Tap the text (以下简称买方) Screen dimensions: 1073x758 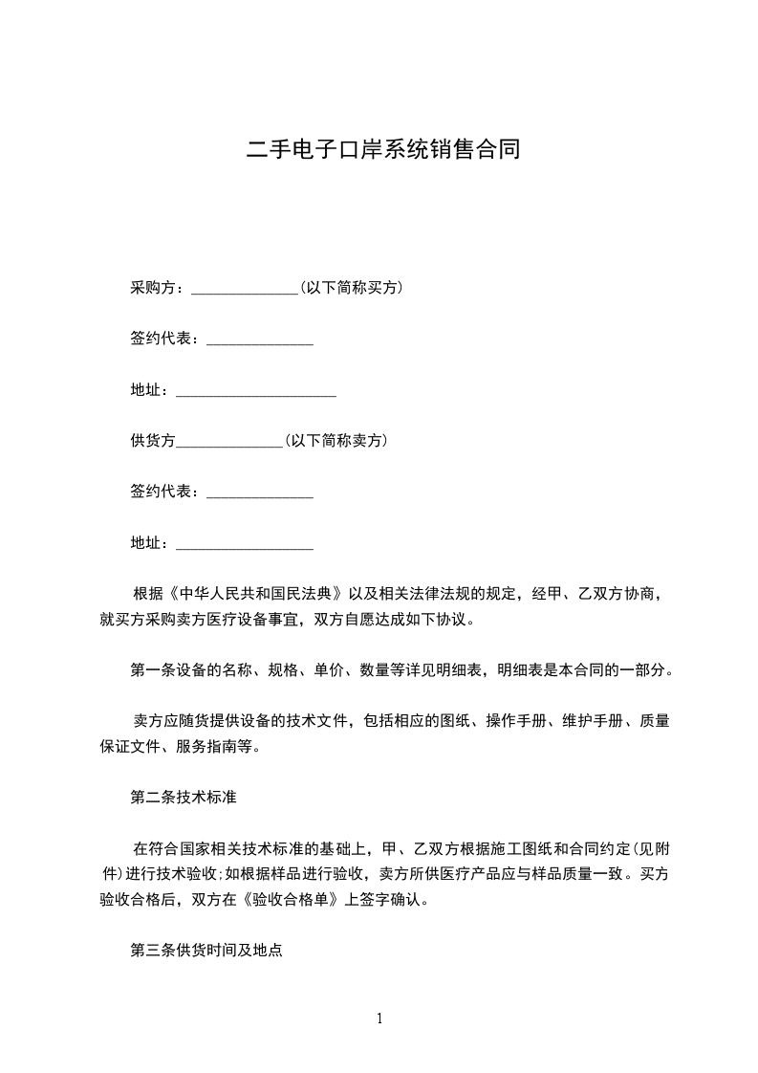pyautogui.click(x=350, y=288)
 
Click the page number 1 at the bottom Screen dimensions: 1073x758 pyautogui.click(x=379, y=1018)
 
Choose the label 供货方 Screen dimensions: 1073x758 pyautogui.click(x=153, y=441)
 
